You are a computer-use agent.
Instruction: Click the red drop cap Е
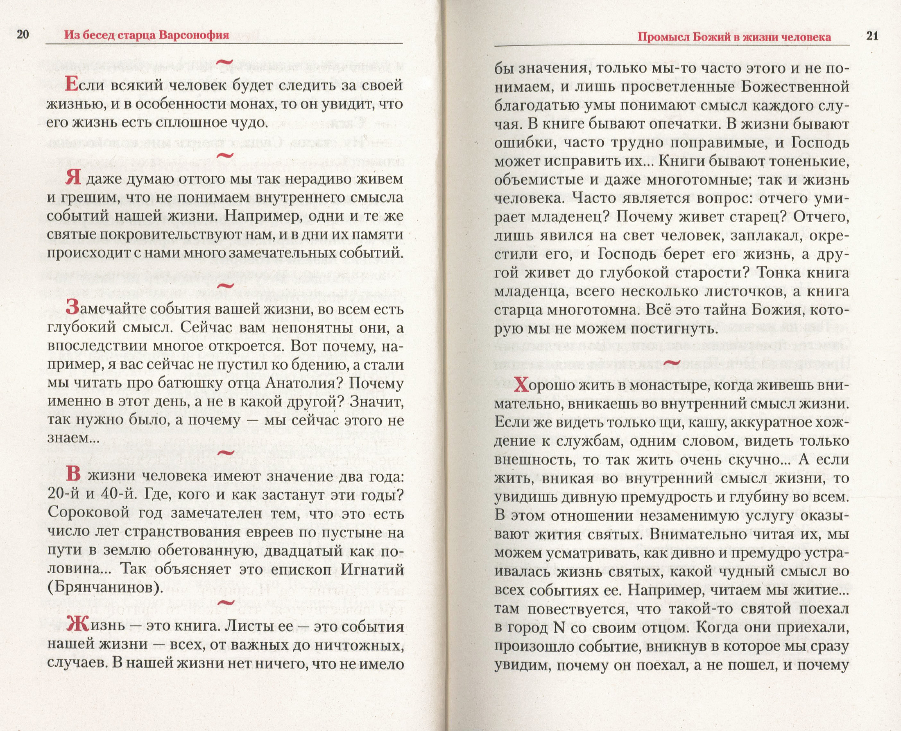tap(72, 86)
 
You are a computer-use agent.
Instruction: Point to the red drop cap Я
tap(73, 178)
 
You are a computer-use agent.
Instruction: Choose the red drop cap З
tap(72, 308)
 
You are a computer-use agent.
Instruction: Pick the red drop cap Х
tap(521, 385)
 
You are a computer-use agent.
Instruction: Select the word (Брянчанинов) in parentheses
tap(105, 587)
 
